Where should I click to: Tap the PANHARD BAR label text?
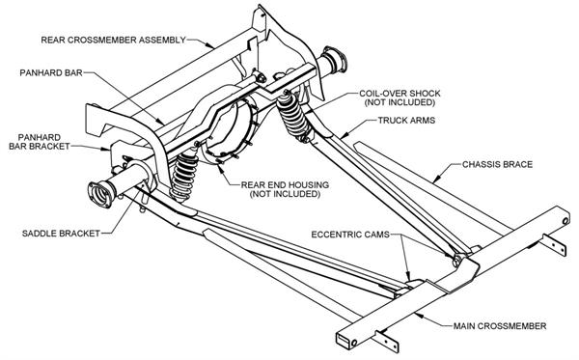point(54,72)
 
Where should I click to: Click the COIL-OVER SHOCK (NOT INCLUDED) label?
point(397,99)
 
